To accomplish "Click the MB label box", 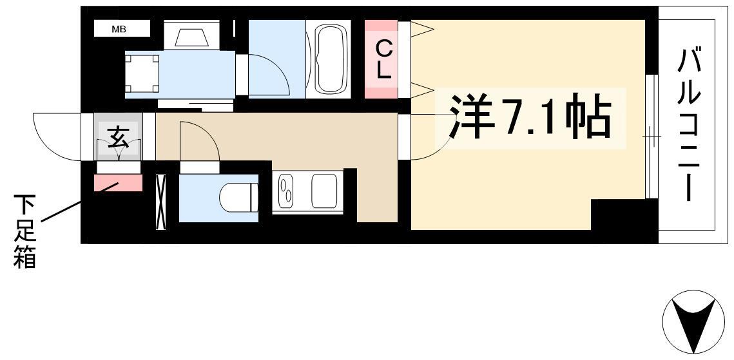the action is [x=122, y=28].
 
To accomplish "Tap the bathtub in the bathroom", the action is [x=332, y=59].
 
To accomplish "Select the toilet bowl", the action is [x=238, y=197].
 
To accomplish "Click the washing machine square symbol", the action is [x=142, y=73].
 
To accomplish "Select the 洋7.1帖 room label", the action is [x=530, y=118].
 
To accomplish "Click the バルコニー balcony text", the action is [x=689, y=126].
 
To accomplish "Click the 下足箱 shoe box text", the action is [x=24, y=231].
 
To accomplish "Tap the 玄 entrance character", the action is [x=118, y=137].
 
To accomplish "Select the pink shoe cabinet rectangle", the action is [x=118, y=183].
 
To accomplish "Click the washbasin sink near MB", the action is [x=191, y=35].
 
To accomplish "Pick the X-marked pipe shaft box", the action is [x=160, y=202].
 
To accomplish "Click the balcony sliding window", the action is [x=652, y=137].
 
